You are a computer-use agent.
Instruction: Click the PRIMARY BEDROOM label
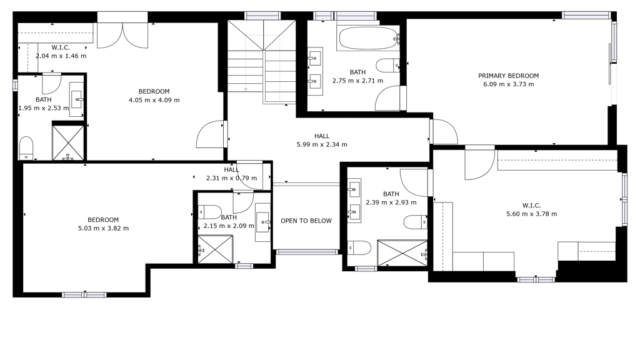click(508, 76)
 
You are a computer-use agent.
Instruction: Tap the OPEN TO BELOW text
click(306, 221)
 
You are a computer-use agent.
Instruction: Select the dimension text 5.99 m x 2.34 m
click(322, 144)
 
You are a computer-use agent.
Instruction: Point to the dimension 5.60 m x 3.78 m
click(531, 214)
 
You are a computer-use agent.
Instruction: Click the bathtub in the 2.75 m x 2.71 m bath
click(367, 38)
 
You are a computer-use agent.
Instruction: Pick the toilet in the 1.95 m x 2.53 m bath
click(26, 148)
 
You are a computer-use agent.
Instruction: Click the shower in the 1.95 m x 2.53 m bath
click(68, 142)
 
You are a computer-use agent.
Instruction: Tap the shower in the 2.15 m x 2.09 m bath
click(215, 249)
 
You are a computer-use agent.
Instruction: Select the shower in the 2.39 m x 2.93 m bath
click(402, 254)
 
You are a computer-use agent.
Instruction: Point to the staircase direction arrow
click(246, 89)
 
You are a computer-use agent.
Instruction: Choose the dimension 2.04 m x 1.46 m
click(61, 56)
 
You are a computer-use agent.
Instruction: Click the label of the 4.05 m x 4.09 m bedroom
click(154, 91)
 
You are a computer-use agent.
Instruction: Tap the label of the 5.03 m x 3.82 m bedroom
click(103, 219)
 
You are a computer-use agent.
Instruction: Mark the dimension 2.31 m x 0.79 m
click(231, 178)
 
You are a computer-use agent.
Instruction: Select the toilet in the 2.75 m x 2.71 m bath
click(388, 65)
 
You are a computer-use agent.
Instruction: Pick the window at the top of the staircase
click(262, 16)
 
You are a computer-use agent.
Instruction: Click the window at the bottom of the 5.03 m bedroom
click(84, 294)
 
